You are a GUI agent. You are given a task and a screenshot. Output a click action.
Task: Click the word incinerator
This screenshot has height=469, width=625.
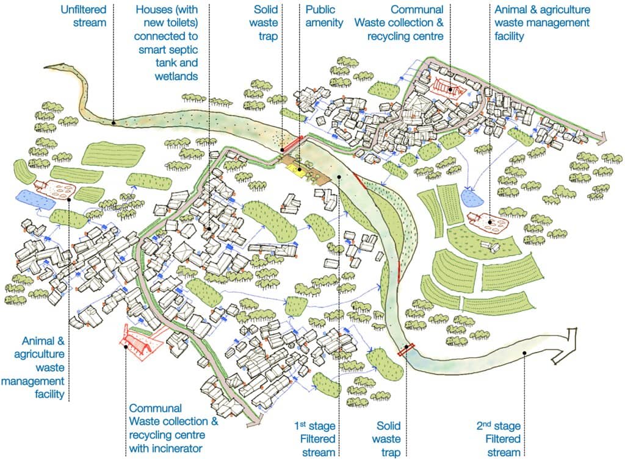click(x=178, y=449)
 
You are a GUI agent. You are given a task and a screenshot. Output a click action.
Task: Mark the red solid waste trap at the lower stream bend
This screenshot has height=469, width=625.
click(x=406, y=349)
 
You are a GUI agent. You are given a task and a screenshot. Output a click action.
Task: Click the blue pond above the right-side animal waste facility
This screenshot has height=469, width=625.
click(x=470, y=196)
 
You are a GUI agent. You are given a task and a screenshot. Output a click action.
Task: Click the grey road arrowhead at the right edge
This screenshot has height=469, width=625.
click(x=601, y=139)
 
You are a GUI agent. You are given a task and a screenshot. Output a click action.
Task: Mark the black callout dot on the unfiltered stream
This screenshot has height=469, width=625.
click(x=114, y=123)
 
